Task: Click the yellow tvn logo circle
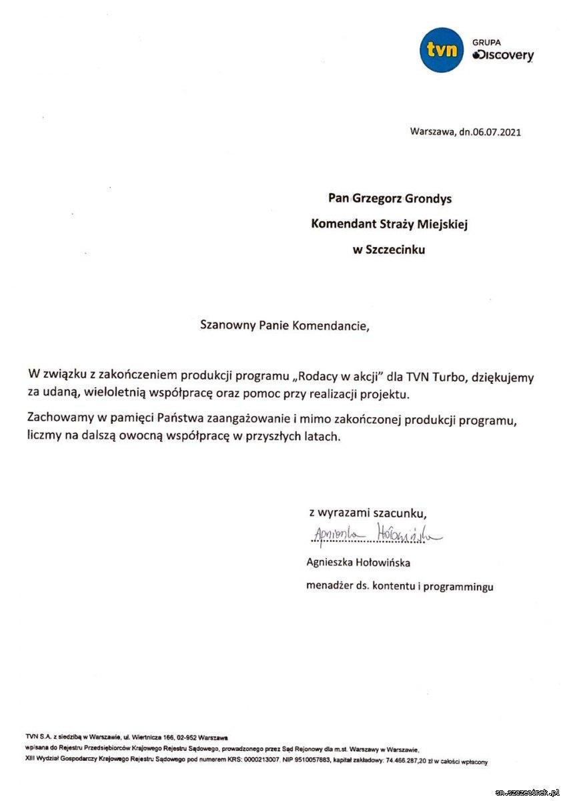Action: pos(442,49)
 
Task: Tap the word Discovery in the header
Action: pos(504,56)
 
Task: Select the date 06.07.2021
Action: pos(496,132)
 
